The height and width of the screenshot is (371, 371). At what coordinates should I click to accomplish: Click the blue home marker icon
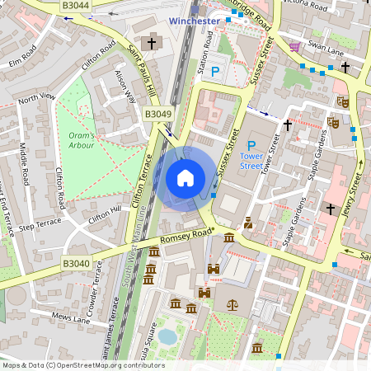[x=185, y=178]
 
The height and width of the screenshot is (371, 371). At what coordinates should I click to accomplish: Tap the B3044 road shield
[x=77, y=6]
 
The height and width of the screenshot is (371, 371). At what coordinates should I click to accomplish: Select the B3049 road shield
[x=158, y=114]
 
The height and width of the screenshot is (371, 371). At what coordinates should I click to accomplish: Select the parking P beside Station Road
[x=216, y=72]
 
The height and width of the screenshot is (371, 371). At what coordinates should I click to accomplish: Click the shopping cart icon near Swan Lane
[x=294, y=46]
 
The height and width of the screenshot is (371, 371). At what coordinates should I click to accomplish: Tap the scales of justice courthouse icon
[x=232, y=304]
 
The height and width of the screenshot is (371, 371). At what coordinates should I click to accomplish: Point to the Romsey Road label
[x=188, y=240]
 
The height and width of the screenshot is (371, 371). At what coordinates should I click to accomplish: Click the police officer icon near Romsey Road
[x=247, y=223]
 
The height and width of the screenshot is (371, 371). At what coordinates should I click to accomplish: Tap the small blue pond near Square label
[x=167, y=336]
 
